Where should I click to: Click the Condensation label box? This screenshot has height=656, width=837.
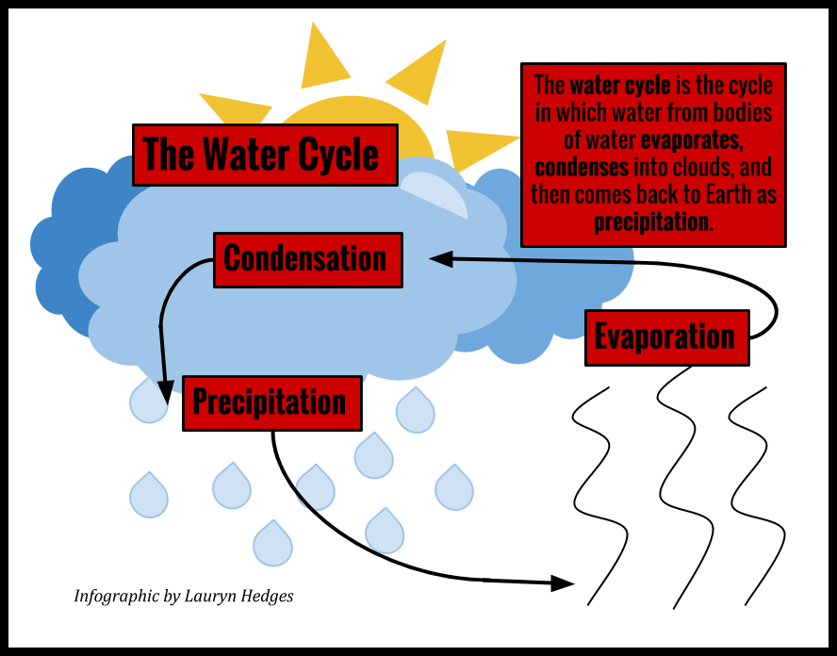pyautogui.click(x=307, y=259)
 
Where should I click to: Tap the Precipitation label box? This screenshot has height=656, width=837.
pyautogui.click(x=271, y=402)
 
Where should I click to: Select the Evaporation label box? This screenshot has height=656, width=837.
pyautogui.click(x=666, y=337)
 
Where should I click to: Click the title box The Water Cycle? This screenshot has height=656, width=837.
pyautogui.click(x=265, y=155)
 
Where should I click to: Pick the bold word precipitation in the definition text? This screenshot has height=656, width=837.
pyautogui.click(x=650, y=222)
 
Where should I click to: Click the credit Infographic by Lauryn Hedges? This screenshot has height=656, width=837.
pyautogui.click(x=184, y=597)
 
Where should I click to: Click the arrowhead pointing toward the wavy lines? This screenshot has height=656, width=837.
pyautogui.click(x=561, y=583)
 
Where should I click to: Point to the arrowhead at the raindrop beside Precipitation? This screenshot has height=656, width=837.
pyautogui.click(x=165, y=388)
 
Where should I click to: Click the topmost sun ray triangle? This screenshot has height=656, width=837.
pyautogui.click(x=320, y=57)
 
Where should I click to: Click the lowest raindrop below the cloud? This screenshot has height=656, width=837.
pyautogui.click(x=272, y=544)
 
